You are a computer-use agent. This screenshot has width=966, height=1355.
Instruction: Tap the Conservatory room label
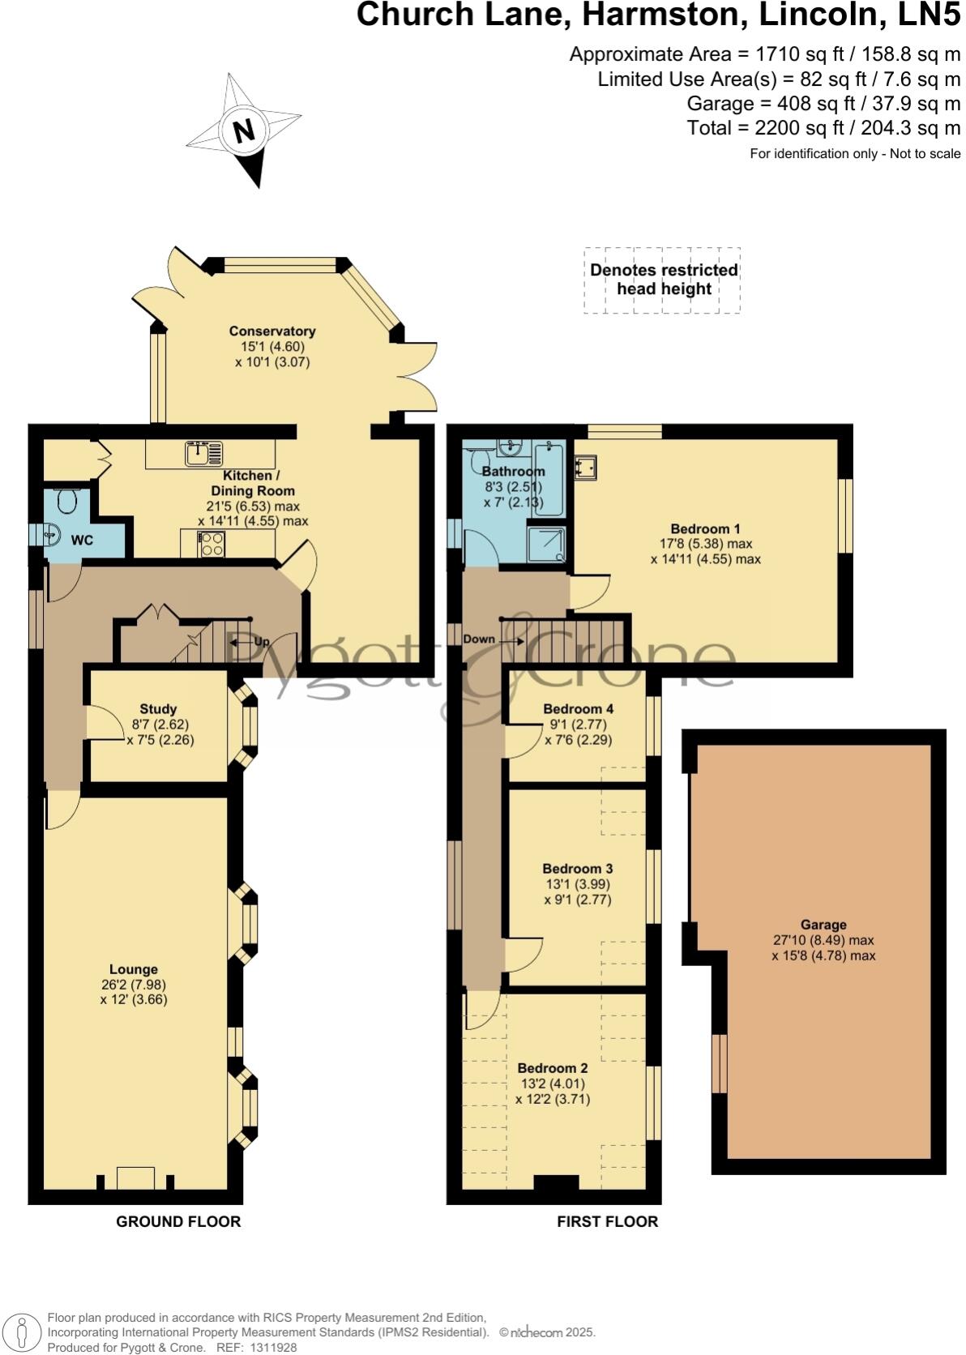click(271, 331)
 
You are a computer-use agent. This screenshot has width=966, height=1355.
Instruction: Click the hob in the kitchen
click(212, 543)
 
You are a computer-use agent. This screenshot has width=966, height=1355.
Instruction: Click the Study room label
click(158, 708)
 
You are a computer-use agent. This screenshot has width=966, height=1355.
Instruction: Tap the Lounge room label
click(134, 969)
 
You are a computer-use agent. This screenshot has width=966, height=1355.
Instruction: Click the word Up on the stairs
click(261, 641)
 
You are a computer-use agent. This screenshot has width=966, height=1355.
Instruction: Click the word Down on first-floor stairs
click(479, 639)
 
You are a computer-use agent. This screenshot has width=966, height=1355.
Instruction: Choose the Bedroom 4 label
click(578, 708)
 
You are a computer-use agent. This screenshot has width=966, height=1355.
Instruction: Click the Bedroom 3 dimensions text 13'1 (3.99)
click(577, 884)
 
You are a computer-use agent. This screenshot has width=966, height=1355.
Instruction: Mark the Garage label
click(823, 925)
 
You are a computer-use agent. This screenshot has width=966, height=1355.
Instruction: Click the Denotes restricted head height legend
click(663, 280)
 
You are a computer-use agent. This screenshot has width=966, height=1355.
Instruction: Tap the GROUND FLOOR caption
click(178, 1221)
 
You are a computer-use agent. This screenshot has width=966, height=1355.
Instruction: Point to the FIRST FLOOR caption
click(607, 1221)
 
